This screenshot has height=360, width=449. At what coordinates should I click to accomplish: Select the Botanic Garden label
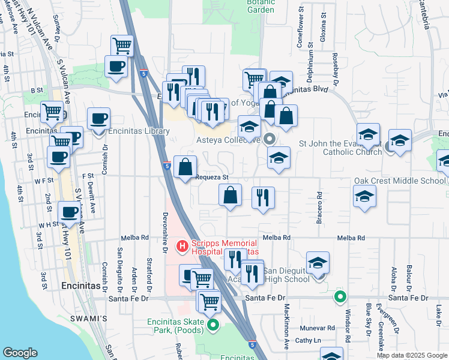261,6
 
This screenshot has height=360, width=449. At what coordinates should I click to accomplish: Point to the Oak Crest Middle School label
399,181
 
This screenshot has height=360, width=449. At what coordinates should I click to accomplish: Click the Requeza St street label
212,178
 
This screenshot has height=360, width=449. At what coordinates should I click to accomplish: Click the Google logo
20,353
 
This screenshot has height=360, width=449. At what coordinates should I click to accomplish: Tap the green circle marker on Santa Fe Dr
340,296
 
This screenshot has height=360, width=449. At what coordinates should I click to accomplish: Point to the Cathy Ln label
309,340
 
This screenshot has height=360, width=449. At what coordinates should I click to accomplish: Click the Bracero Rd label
320,207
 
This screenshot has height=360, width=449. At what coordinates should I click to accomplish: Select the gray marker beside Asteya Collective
269,139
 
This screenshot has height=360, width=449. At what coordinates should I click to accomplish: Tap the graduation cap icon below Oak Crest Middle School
364,197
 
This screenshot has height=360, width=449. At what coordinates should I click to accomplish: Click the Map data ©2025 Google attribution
412,355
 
